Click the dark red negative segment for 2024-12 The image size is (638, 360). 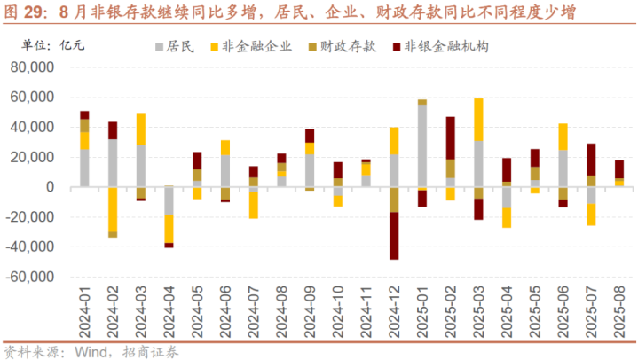[x=395, y=236]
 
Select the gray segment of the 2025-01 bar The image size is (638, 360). [x=422, y=146]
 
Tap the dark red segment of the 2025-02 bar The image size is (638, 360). [x=450, y=137]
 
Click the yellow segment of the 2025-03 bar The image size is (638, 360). [x=478, y=120]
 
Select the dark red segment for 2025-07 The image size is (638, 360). [x=591, y=160]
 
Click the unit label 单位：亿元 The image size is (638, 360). [x=53, y=45]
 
